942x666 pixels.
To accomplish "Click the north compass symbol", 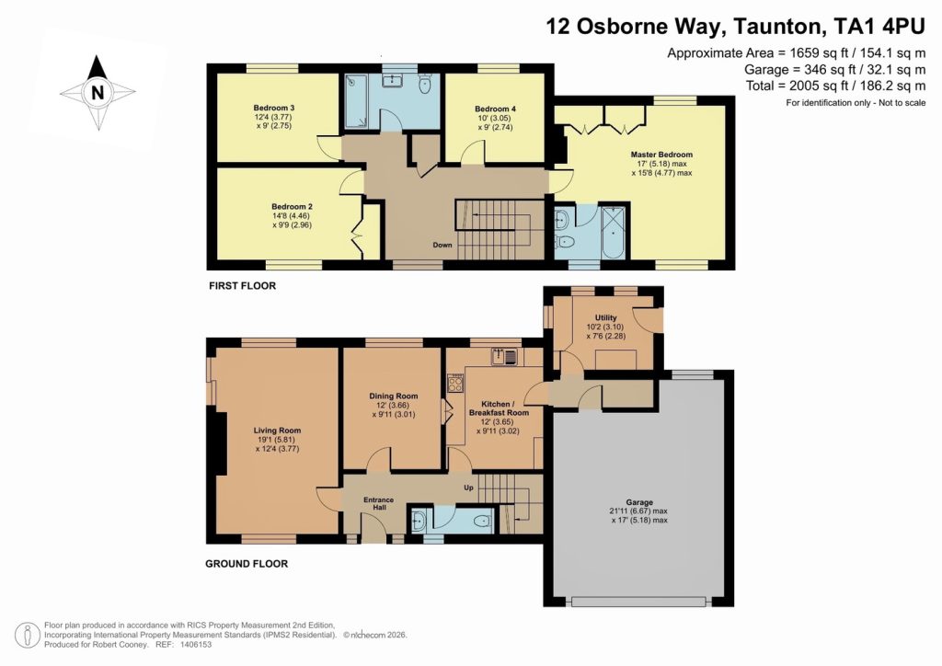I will pyautogui.click(x=96, y=91).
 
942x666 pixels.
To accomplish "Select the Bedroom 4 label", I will pyautogui.click(x=495, y=109).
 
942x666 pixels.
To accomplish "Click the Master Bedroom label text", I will pyautogui.click(x=661, y=155).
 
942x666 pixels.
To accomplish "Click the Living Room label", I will pyautogui.click(x=277, y=430).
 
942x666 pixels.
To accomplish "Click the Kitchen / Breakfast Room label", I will pyautogui.click(x=499, y=408).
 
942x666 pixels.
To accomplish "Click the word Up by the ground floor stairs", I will pyautogui.click(x=469, y=487).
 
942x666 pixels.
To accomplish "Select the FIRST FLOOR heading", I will pyautogui.click(x=242, y=286).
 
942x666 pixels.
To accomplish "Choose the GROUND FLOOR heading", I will pyautogui.click(x=247, y=564).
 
